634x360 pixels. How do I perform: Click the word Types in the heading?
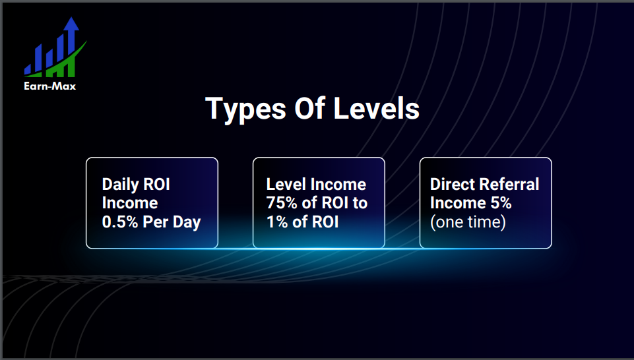coord(245,109)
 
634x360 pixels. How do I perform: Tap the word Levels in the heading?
coord(377,108)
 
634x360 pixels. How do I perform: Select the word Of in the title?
coord(309,108)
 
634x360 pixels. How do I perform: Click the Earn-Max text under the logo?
coord(49,86)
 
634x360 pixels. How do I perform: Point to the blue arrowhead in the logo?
coord(71,24)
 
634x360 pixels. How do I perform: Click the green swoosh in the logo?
coord(61,64)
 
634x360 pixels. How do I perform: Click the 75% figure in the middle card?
coord(282,203)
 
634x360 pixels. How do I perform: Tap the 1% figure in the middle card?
coord(277,222)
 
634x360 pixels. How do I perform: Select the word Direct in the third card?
coord(451,184)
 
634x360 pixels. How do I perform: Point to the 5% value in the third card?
coord(501,203)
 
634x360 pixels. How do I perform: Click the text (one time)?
coord(468,222)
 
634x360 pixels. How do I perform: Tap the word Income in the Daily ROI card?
coord(130,203)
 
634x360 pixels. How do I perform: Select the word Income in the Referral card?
coord(458,203)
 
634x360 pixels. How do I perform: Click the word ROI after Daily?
coord(156,185)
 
